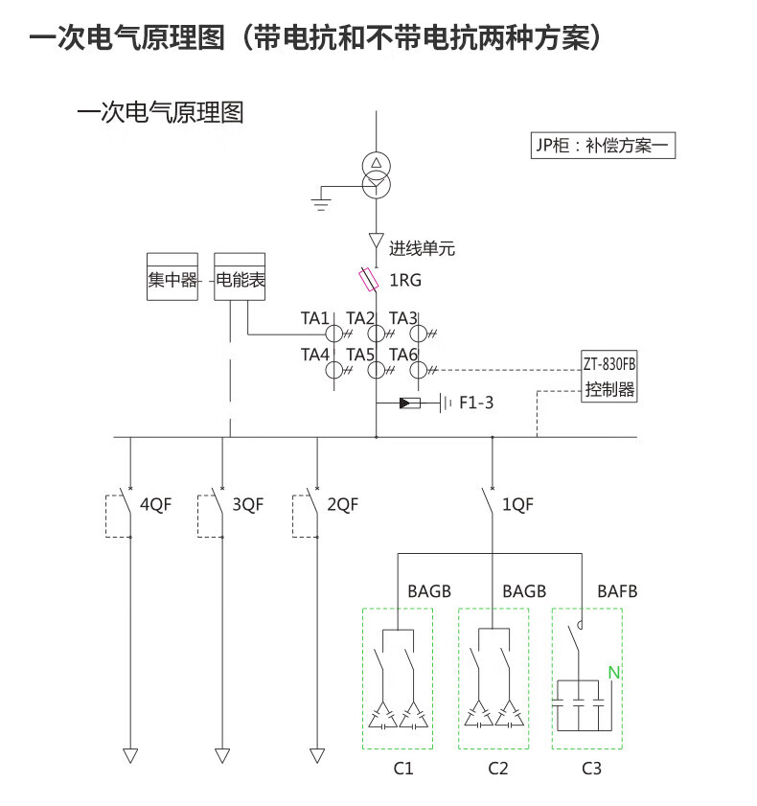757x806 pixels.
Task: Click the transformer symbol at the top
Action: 377,173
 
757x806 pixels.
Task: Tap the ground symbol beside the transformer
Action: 322,199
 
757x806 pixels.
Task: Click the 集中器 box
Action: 172,277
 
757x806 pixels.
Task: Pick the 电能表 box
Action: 240,277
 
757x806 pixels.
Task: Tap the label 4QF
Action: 155,504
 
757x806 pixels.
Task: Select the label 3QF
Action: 247,504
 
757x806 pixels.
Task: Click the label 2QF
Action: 342,504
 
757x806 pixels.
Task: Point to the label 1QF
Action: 517,504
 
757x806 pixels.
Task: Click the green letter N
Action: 614,673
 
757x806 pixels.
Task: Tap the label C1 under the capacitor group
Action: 402,768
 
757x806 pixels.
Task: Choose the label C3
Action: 591,768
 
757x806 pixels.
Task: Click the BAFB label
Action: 617,591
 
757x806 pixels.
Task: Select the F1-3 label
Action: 476,403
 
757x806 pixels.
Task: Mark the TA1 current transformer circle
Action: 333,334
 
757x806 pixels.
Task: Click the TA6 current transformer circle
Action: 419,370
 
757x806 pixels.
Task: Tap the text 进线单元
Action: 422,249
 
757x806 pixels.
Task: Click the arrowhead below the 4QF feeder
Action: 130,755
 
